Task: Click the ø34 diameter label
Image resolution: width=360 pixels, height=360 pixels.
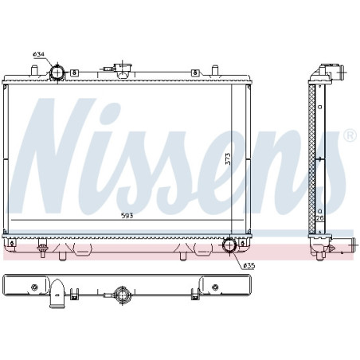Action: (37, 54)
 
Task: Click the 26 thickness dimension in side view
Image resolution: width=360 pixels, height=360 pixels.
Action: (321, 217)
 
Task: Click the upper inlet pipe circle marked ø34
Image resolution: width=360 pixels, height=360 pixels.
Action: (57, 73)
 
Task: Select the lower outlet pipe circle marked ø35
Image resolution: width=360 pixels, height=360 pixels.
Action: (230, 246)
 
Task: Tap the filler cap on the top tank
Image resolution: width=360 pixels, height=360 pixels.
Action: (124, 68)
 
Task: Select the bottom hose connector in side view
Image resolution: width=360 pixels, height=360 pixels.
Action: (338, 246)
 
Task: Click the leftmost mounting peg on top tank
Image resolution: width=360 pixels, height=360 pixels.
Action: (35, 72)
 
